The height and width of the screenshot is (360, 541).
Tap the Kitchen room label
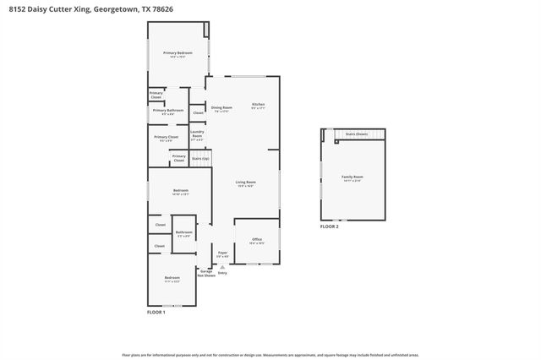coord(259,106)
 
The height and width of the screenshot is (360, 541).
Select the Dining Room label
coord(221,107)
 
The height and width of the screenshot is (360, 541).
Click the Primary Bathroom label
coord(168,111)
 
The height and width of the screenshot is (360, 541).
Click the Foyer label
coord(222,254)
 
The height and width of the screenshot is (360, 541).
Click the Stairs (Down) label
coord(357,134)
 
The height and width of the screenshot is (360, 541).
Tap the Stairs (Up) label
coord(199,158)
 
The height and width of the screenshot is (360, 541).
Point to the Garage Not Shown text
coord(206,273)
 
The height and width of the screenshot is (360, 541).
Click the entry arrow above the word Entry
coord(223,266)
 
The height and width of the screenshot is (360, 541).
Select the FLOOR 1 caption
coord(156,313)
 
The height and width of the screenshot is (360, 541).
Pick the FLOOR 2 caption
coord(329,227)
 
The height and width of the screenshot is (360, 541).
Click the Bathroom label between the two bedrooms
coord(183,233)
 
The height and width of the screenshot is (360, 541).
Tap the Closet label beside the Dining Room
coord(198,112)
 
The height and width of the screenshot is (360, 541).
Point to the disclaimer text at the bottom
coord(270,355)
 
